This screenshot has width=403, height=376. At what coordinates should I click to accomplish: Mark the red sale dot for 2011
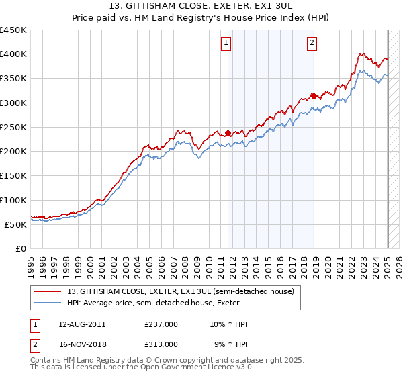pos(228,133)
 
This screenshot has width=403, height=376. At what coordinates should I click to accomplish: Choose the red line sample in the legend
pos(48,292)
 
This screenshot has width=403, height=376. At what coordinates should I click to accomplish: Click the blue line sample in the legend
pos(48,303)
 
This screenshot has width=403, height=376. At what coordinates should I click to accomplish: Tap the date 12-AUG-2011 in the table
pos(81,324)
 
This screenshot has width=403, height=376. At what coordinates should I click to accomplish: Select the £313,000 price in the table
pos(161,344)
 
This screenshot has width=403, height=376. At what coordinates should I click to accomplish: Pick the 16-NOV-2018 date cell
pos(81,344)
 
